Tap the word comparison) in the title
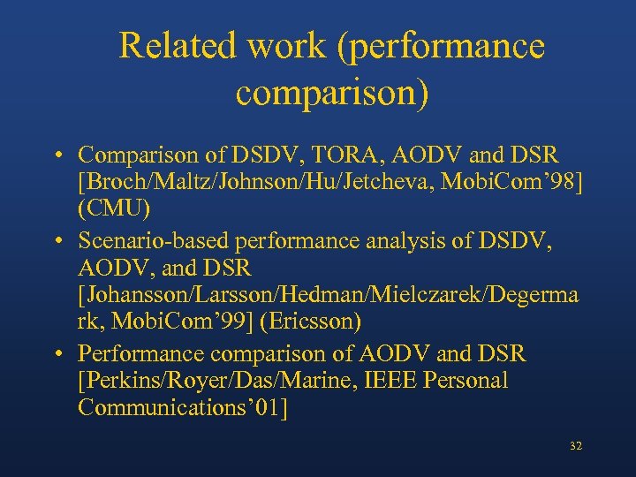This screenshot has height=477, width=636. (332, 93)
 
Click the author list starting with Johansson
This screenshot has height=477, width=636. (328, 296)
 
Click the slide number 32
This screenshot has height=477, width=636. (576, 447)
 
